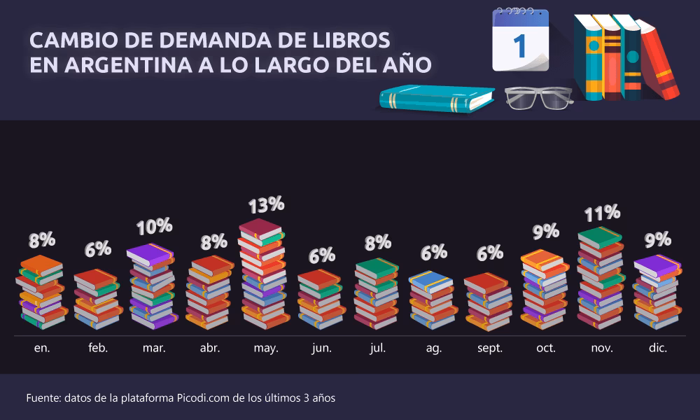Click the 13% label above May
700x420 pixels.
click(266, 204)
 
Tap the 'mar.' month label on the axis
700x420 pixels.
click(154, 348)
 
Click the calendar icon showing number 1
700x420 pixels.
click(521, 41)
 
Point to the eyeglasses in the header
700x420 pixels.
click(538, 98)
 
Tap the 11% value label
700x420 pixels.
click(602, 212)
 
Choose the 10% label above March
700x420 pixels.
click(154, 226)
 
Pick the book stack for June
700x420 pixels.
click(321, 300)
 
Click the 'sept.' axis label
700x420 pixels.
click(489, 348)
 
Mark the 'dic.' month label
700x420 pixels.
click(657, 348)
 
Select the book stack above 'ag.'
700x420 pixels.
click(431, 300)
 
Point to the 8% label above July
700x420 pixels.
click(377, 243)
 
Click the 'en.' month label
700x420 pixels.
click(42, 348)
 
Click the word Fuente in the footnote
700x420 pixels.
click(43, 398)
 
